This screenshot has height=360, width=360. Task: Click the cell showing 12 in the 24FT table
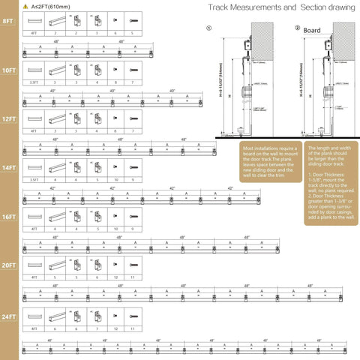pyautogui.click(x=115, y=328)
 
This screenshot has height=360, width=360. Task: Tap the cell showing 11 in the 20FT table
pyautogui.click(x=133, y=277)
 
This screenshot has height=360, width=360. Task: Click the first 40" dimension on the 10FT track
pyautogui.click(x=53, y=91)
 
